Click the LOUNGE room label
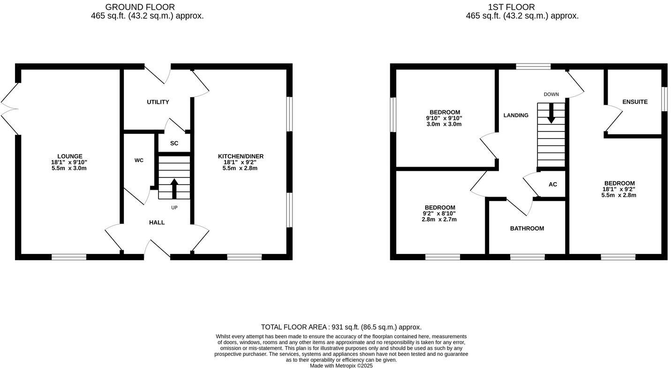69,156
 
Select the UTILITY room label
158,102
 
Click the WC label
139,160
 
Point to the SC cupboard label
174,143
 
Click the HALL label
157,223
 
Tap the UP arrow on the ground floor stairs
174,188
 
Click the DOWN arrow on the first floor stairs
551,113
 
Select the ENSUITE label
635,102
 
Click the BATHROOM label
527,229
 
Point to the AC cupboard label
553,184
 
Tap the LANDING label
516,115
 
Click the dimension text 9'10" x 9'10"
444,118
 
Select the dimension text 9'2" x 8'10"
439,214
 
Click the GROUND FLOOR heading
140,7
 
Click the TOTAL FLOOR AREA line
341,327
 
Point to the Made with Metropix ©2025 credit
341,366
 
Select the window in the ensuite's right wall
664,99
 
